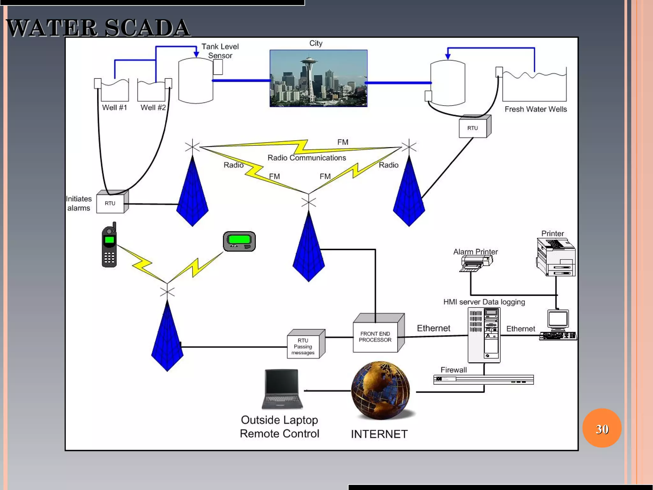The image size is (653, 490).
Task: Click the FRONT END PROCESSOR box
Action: click(375, 337)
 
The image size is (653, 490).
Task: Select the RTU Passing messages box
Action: click(303, 346)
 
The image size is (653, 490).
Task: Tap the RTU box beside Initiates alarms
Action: click(110, 203)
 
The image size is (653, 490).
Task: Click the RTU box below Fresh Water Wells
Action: click(473, 128)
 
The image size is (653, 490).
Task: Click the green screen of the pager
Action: click(239, 239)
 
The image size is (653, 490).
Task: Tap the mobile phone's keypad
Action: click(109, 257)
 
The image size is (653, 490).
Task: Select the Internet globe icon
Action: click(380, 390)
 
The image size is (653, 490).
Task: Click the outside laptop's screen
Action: click(282, 382)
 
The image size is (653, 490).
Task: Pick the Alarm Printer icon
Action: click(476, 264)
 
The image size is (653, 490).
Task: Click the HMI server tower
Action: click(484, 335)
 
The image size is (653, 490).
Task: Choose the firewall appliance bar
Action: click(483, 380)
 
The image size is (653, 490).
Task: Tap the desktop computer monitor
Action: click(558, 319)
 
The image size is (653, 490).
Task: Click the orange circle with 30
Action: click(602, 428)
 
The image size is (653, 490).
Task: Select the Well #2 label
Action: click(153, 108)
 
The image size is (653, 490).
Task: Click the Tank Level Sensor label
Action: click(220, 51)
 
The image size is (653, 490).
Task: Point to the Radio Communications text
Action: click(306, 158)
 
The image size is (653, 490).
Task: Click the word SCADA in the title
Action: click(147, 28)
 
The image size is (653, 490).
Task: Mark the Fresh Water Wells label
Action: click(536, 109)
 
